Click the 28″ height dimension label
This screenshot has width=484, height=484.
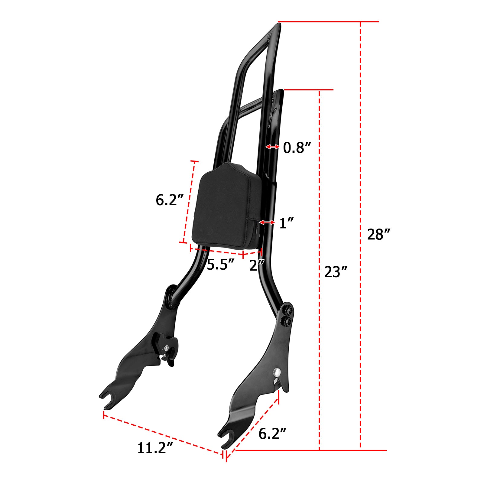[378, 234]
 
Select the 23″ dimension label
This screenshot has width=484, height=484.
[336, 272]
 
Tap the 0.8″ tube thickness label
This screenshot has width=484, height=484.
[297, 148]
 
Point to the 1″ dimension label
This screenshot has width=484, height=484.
[286, 223]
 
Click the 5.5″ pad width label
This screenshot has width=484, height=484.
[220, 265]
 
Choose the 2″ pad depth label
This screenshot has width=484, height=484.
[257, 265]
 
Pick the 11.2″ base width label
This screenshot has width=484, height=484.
[155, 448]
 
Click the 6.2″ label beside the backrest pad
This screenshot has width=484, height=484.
[170, 200]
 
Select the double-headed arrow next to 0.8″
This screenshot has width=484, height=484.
[272, 147]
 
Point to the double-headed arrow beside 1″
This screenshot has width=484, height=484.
[267, 223]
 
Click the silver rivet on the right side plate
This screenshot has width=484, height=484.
[277, 372]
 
